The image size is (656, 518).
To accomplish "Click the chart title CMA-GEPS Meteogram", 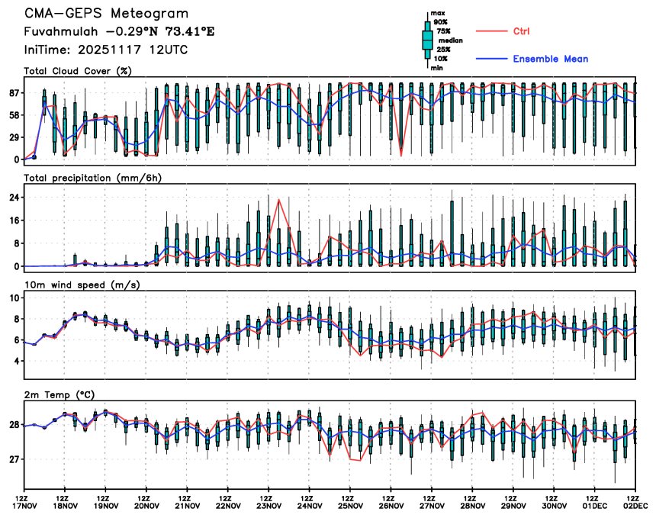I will tap(105, 14).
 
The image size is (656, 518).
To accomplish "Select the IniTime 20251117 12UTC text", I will tap(106, 50).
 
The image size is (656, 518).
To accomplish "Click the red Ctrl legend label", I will tap(522, 31).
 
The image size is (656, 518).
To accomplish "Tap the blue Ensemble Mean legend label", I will tap(550, 59).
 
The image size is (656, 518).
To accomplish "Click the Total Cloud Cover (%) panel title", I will tap(77, 71).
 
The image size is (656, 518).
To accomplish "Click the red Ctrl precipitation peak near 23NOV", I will tap(279, 200).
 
